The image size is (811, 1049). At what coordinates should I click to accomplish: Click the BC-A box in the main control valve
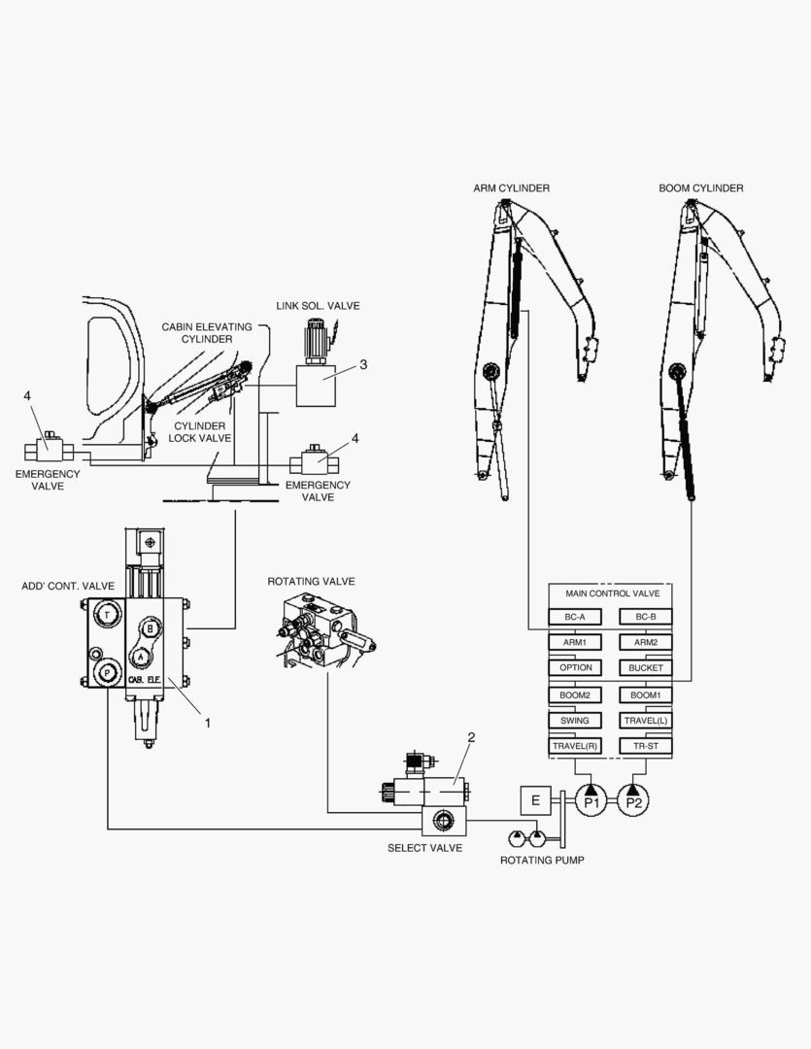tap(575, 617)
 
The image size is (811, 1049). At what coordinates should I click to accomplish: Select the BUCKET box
tap(646, 668)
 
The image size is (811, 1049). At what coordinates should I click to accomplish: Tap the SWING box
tap(575, 721)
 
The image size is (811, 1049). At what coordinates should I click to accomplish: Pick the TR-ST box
tap(646, 746)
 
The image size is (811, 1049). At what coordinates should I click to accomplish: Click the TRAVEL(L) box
tap(646, 721)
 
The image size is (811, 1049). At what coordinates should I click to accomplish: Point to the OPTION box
tap(575, 668)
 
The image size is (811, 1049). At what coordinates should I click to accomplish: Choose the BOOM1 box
tap(646, 694)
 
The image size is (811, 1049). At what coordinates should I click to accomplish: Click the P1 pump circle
tap(591, 801)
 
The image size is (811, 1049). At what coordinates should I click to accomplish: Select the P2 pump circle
tap(633, 801)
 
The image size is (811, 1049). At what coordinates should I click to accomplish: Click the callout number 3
tap(362, 365)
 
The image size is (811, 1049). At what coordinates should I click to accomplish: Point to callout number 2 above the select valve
tap(471, 737)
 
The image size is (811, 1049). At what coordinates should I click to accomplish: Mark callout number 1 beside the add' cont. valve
tap(206, 722)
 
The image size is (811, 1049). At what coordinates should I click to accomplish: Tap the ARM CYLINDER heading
tap(511, 187)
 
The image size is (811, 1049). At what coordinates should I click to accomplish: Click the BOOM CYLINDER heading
tap(700, 187)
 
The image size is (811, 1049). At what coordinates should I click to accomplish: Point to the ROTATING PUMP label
tap(542, 861)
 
